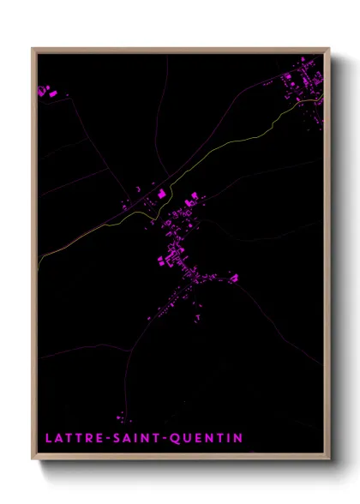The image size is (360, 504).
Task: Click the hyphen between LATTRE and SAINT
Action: click(106, 438)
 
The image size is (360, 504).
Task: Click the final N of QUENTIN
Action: click(238, 438)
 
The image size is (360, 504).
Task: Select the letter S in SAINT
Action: click(116, 438)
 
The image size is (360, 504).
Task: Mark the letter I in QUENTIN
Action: click(229, 438)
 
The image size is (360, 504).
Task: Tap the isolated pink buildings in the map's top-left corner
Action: click(46, 90)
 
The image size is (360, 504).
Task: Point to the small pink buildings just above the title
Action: click(120, 417)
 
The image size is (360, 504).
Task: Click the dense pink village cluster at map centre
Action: click(182, 257)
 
